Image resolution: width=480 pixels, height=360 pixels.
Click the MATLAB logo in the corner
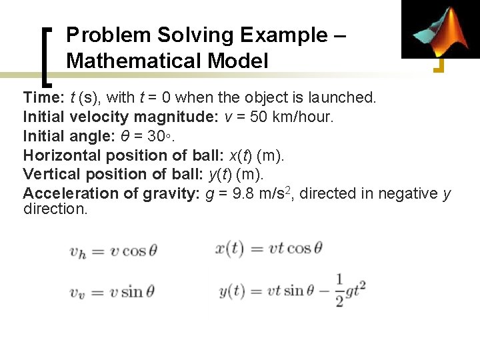[x=440, y=30]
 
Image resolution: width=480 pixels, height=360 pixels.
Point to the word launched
[x=343, y=97]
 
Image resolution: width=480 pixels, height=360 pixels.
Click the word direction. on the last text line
[x=55, y=209]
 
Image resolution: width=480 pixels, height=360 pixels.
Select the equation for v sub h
[x=113, y=251]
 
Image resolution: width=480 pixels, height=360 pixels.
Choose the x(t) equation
[x=269, y=249]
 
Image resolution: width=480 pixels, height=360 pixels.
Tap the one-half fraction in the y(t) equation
[x=340, y=291]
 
